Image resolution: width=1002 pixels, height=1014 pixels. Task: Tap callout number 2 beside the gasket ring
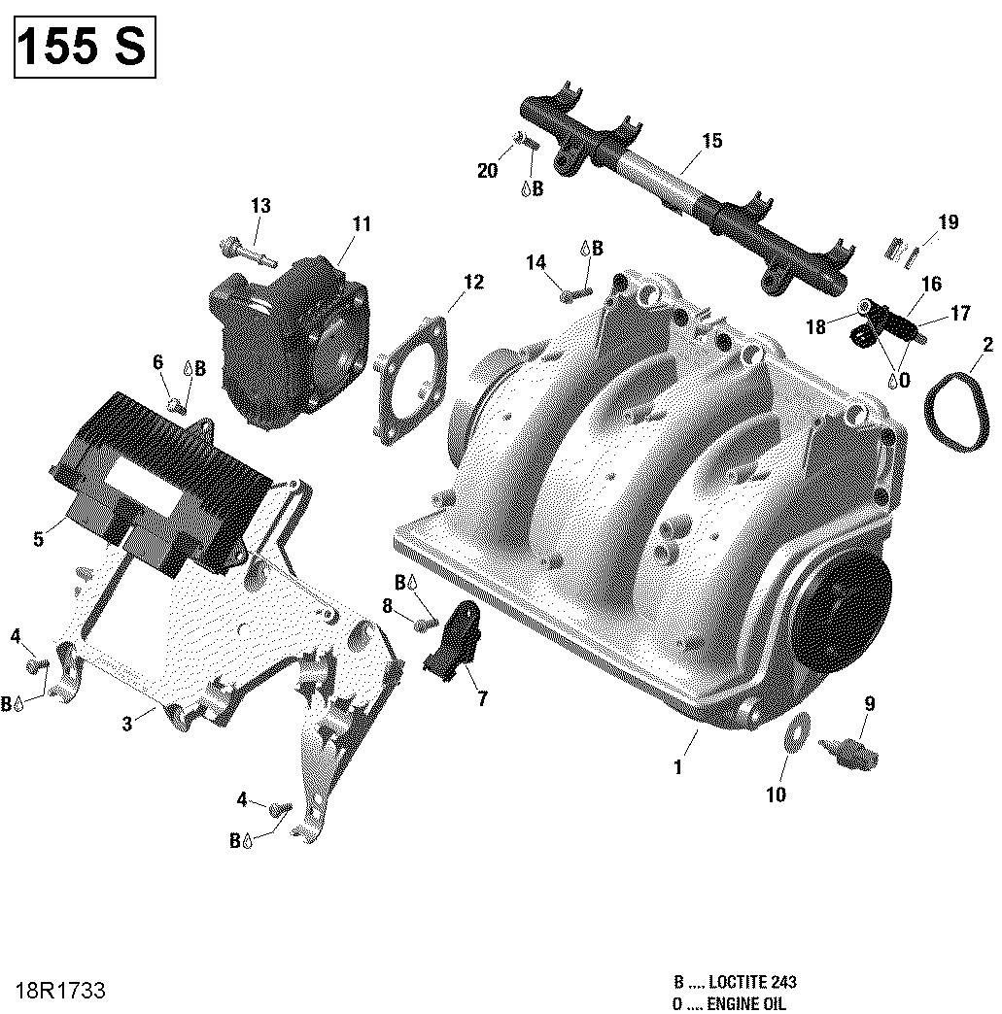987,345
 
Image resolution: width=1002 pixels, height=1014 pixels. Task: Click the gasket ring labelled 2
952,413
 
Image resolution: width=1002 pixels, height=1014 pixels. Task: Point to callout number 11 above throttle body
362,224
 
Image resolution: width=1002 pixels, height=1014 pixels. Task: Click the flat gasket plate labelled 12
413,379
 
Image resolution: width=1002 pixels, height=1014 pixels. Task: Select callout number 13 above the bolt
260,206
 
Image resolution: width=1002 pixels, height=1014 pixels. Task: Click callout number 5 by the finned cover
38,539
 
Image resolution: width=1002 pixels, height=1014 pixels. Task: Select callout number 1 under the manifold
677,766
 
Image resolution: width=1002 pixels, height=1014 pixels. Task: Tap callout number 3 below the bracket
126,723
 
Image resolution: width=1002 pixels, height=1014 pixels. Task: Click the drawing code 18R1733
60,991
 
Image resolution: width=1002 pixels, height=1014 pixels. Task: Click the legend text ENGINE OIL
748,1003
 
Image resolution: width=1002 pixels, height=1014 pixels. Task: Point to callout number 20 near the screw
487,171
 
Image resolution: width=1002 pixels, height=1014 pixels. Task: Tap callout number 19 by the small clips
948,222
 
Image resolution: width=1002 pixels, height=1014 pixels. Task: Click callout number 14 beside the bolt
536,262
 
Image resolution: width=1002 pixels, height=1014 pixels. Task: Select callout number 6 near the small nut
157,362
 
